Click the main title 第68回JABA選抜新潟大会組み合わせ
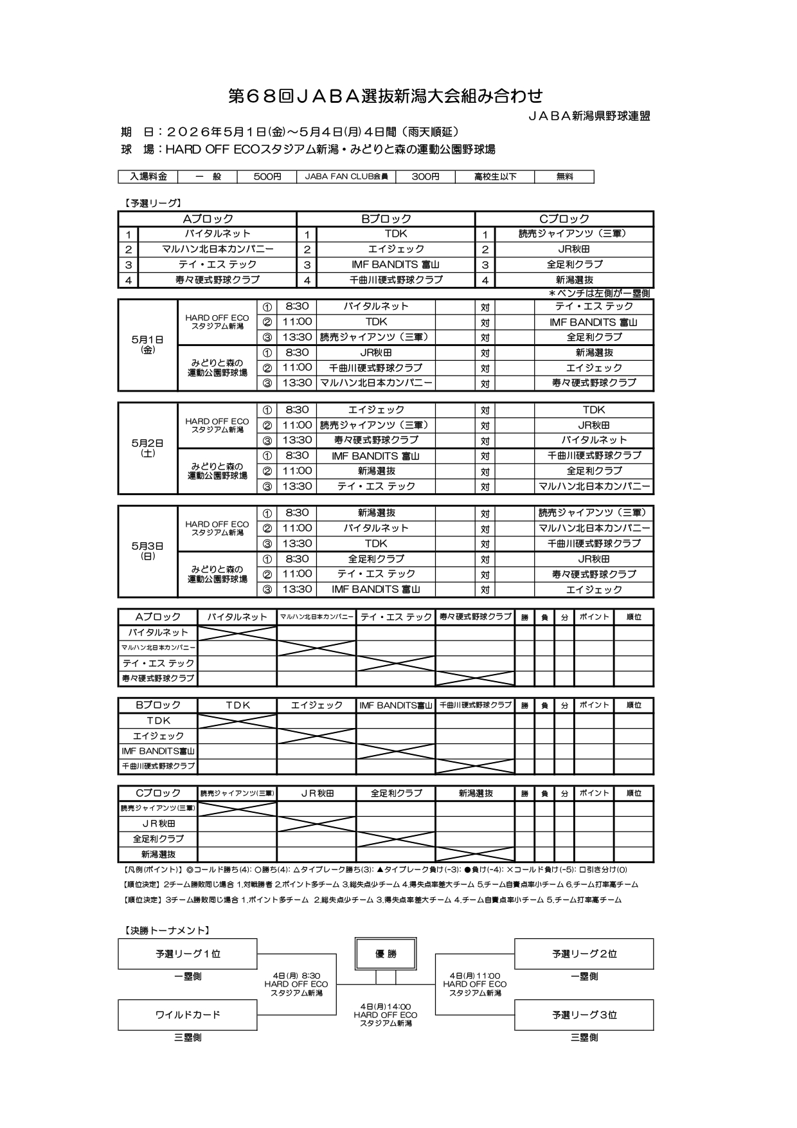386,96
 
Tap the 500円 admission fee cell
267,177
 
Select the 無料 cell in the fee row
564,177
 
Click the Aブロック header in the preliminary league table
207,219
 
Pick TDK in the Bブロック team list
395,234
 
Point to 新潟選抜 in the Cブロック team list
575,280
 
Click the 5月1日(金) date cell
148,345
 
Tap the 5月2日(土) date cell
148,448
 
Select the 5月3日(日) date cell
148,551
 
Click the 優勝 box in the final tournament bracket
386,954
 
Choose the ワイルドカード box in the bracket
188,1015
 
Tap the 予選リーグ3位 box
584,1015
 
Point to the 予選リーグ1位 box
188,954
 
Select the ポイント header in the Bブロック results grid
594,705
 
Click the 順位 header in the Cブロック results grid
634,794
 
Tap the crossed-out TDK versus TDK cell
237,721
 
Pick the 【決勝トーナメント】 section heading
165,930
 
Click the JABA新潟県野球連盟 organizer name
589,116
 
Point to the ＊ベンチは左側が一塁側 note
598,293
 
